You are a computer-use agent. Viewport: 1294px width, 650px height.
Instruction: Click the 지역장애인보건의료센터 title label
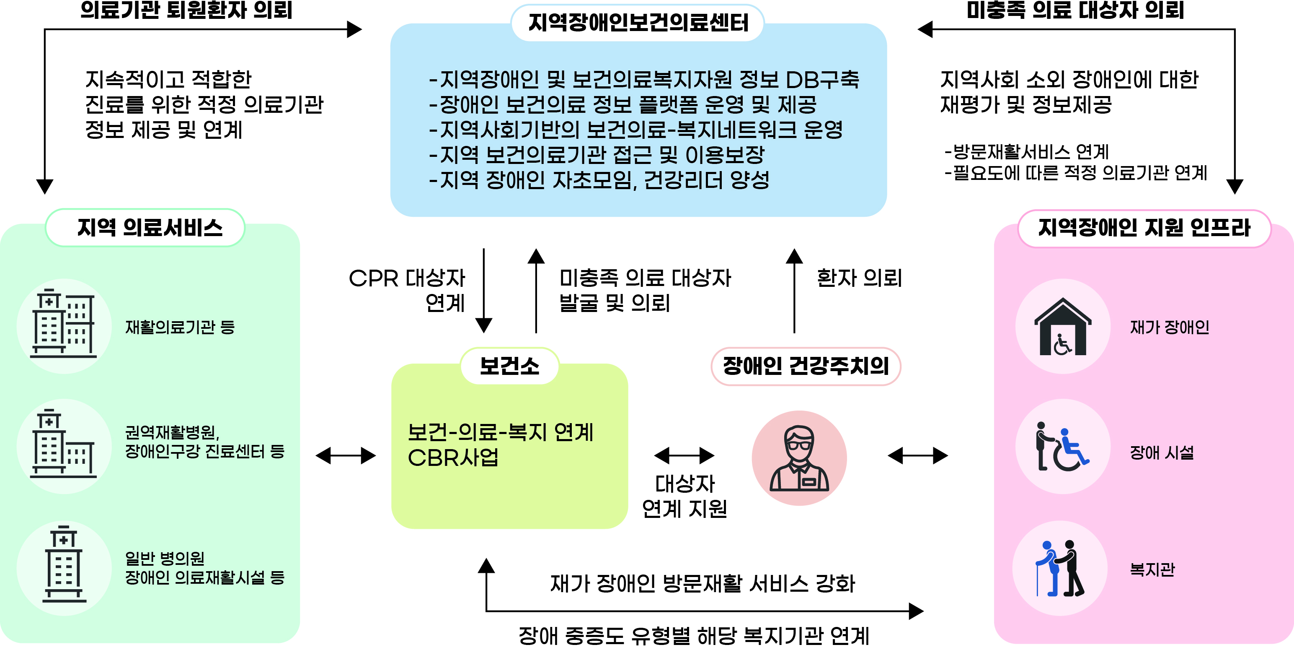coord(638,23)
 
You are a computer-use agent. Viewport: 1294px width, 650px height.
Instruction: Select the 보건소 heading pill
coord(509,366)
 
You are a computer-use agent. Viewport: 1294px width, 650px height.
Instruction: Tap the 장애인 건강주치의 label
coord(806,366)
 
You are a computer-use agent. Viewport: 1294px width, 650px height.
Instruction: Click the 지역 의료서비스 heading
coord(150,228)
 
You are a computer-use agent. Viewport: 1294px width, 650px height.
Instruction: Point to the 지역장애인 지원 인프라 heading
coord(1144,228)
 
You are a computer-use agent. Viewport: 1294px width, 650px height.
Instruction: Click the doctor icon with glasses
coord(799,458)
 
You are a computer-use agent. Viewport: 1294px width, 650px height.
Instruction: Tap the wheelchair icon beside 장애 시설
coord(1062,447)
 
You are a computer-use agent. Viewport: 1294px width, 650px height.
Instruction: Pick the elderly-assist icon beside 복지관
coord(1060,569)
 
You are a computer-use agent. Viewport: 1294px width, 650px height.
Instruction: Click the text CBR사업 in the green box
coord(453,458)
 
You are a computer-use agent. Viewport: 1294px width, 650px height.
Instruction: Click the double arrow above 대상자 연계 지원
coord(684,455)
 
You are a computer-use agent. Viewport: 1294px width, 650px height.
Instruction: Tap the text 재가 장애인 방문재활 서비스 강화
coord(702,584)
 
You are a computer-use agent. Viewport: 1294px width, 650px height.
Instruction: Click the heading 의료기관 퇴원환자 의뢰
coord(186,10)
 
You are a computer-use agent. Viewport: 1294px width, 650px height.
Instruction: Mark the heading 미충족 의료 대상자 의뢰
coord(1075,10)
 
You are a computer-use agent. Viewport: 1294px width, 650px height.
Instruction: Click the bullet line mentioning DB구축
coord(644,79)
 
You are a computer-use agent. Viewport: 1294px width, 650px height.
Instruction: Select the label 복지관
coord(1152,569)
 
